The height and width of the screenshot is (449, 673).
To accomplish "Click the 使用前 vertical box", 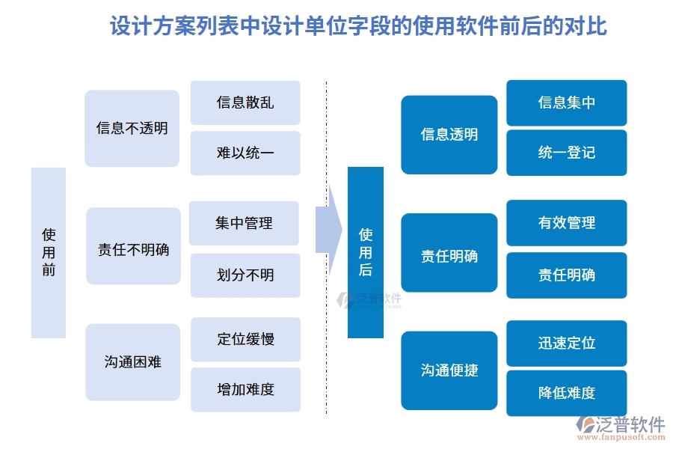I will [49, 253].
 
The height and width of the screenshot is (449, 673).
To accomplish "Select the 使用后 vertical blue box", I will [366, 252].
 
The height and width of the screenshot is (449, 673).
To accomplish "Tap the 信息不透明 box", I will [132, 128].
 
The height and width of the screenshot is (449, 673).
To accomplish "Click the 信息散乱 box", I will [245, 103].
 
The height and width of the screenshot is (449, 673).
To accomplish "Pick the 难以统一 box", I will [245, 153].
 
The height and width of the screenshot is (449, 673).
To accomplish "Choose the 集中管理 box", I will [244, 223].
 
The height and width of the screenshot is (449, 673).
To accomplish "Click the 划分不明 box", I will [245, 275].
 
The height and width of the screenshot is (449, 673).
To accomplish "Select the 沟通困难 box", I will [133, 363].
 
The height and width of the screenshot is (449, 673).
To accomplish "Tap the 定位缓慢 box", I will [245, 339].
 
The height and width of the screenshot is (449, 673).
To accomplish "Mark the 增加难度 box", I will [245, 390].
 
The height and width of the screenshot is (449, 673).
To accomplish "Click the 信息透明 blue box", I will [449, 135].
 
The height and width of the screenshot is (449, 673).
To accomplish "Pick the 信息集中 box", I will [567, 103].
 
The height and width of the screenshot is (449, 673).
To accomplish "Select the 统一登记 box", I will [567, 153].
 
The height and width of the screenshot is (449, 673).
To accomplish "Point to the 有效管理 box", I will [567, 223].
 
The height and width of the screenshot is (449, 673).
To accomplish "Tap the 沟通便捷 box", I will [449, 370].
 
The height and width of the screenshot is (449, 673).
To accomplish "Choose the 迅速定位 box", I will [567, 343].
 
